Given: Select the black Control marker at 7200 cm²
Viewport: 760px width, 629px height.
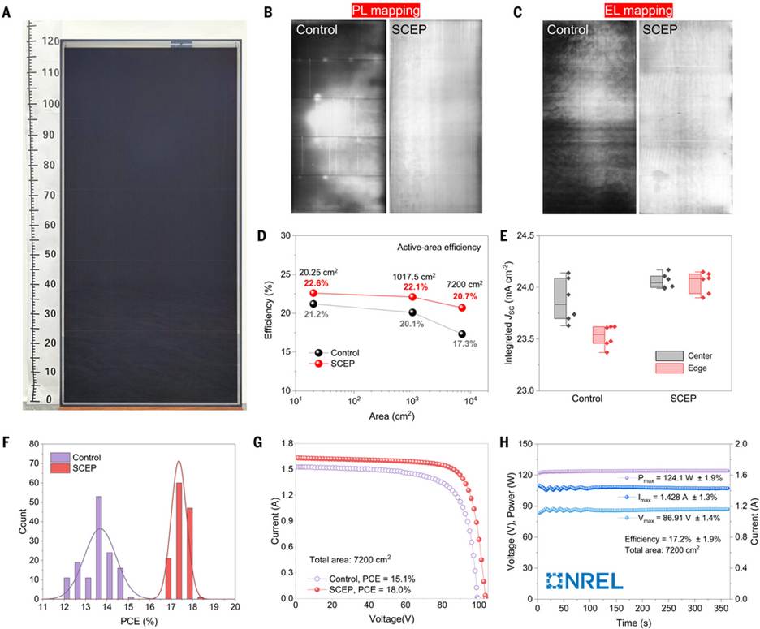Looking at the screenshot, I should click(x=462, y=334).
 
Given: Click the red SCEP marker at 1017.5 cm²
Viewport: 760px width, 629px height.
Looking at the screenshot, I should click(x=412, y=297).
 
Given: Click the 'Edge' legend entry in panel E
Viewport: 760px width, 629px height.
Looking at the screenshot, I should click(x=690, y=369).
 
